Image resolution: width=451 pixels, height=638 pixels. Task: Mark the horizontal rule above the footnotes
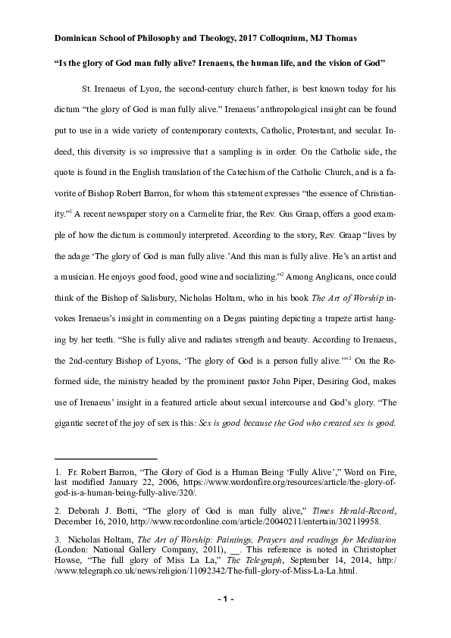coord(105,458)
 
